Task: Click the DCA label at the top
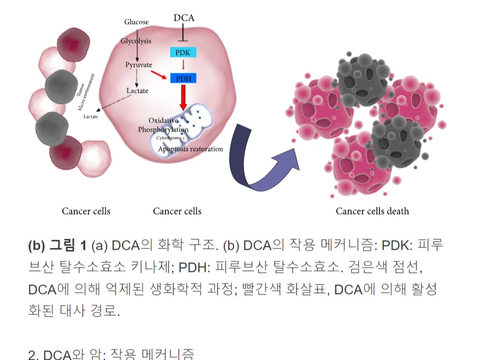click(184, 18)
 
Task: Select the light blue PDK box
click(183, 52)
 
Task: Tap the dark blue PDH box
click(183, 77)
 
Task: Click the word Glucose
click(136, 22)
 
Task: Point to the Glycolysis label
click(136, 41)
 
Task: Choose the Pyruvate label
click(139, 65)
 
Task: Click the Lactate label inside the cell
click(137, 90)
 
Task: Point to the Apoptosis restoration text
click(191, 149)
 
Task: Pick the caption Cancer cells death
click(372, 211)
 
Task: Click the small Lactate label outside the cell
click(91, 117)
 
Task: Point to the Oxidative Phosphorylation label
click(163, 125)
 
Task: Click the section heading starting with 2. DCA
click(111, 355)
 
